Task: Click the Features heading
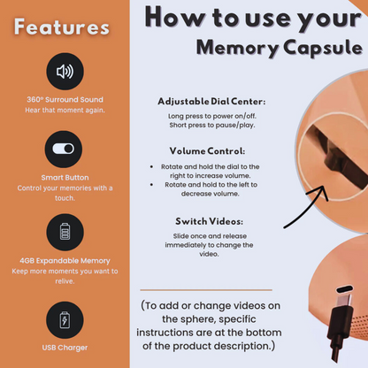click(x=62, y=27)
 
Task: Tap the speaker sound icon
click(x=65, y=72)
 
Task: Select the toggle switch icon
click(x=64, y=149)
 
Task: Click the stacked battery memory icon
click(x=65, y=232)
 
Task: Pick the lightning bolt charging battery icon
click(x=65, y=320)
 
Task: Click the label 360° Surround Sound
click(x=65, y=100)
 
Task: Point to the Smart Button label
click(x=65, y=178)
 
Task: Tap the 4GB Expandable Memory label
click(x=65, y=261)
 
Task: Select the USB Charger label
click(x=65, y=348)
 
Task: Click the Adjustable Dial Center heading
click(x=211, y=102)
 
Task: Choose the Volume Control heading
click(x=207, y=151)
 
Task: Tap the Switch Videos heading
click(x=210, y=221)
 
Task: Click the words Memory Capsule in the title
click(x=280, y=48)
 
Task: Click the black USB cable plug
click(x=341, y=325)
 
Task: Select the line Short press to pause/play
click(x=212, y=125)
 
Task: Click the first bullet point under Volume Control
click(x=151, y=167)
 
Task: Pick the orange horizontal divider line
click(x=206, y=290)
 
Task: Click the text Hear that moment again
click(x=65, y=110)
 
